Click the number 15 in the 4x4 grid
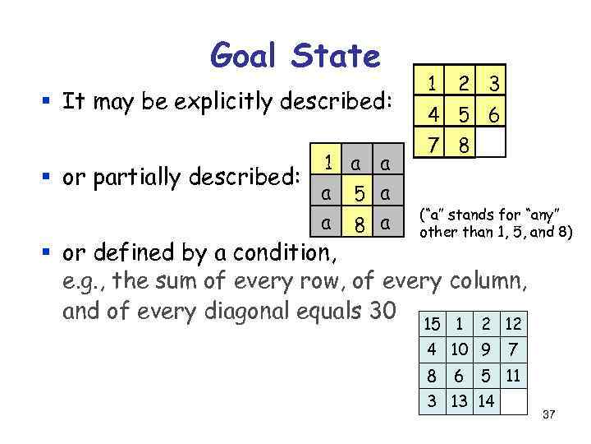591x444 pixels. click(432, 325)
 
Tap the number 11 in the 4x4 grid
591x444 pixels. click(512, 377)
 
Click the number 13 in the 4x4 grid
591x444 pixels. click(459, 400)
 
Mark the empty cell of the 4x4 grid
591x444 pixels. click(512, 400)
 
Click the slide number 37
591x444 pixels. click(549, 415)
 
